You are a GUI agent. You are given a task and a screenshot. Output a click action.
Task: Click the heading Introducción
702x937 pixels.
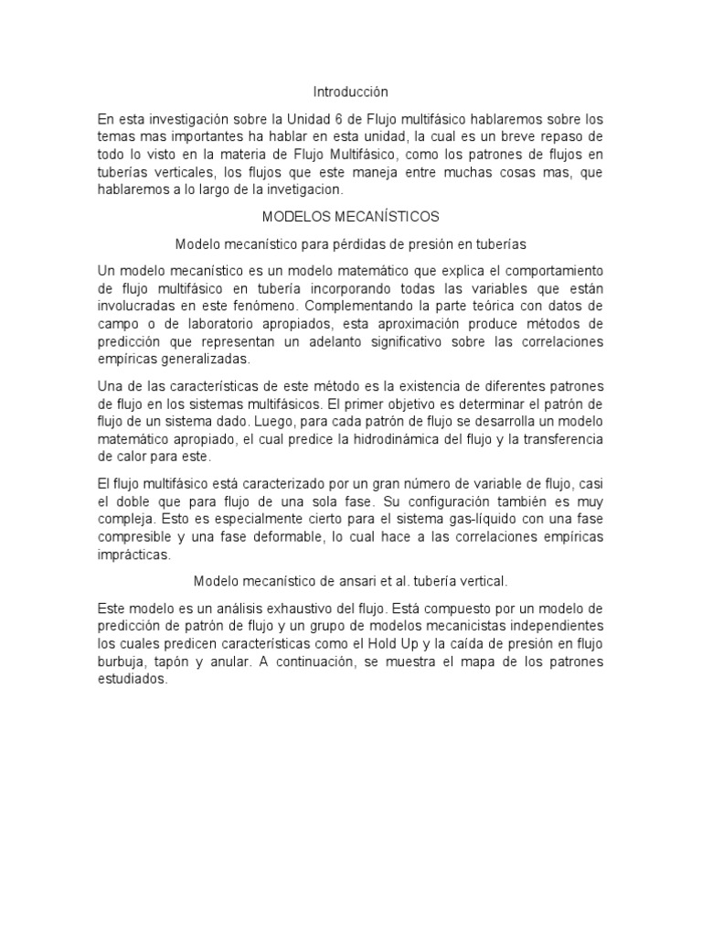tap(351, 92)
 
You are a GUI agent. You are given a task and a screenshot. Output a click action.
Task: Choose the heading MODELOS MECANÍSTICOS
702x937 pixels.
tap(351, 217)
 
